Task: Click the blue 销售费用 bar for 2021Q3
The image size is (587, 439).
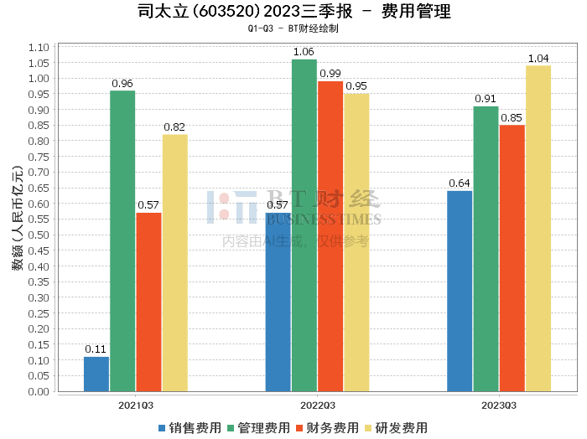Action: coord(96,374)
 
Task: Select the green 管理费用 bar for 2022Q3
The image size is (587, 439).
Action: coord(304,225)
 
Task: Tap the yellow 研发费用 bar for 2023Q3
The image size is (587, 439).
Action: coord(538,229)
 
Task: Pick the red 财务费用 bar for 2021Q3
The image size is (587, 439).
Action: coord(148,302)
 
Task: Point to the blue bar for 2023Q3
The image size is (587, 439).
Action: coord(460,292)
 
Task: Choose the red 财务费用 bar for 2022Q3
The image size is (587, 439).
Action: coord(330,236)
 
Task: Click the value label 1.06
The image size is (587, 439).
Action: coord(304,52)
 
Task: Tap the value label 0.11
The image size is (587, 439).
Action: coord(96,349)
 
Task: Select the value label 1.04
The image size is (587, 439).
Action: coord(538,59)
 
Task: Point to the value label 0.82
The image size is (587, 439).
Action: coord(174,127)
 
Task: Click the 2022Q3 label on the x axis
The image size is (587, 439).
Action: coord(318,405)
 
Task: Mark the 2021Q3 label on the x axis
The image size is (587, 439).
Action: coord(136,405)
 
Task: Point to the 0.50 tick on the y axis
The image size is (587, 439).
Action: coord(39,235)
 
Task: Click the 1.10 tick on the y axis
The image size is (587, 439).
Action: coord(39,48)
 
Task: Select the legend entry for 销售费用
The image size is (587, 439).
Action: coord(190,428)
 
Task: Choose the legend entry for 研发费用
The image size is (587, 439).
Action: coord(396,428)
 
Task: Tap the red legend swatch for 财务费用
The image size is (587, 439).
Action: coord(299,428)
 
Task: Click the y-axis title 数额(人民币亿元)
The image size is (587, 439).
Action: coord(18,218)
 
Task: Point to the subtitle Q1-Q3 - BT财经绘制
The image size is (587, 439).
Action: coord(293,28)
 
